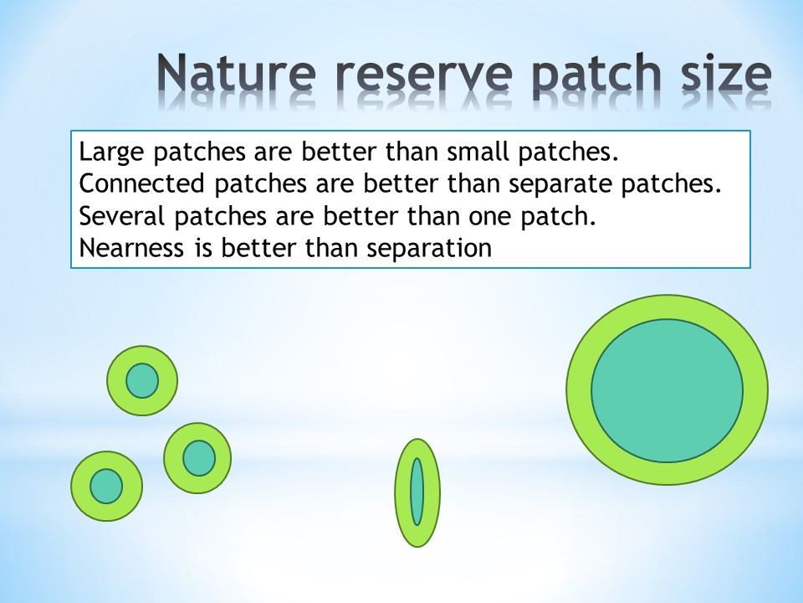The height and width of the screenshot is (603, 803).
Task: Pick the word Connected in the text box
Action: point(142,183)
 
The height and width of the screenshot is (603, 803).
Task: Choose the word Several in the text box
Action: point(122,216)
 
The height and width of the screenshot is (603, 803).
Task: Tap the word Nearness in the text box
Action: point(131,248)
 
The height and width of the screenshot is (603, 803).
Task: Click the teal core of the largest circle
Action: point(667,391)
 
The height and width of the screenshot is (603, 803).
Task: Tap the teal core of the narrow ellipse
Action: point(417,492)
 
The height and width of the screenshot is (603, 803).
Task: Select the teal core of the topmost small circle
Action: point(142,381)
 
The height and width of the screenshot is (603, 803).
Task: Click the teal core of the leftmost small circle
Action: point(106,486)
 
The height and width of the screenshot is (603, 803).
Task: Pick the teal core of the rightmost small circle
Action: point(199,458)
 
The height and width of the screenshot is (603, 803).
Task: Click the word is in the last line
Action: point(202,248)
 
